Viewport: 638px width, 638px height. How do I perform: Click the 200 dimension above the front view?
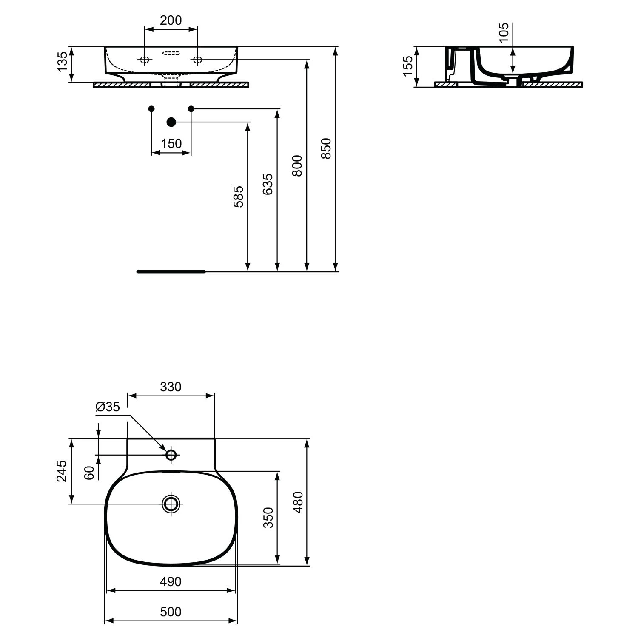click(x=171, y=20)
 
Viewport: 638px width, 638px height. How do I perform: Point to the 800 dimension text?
click(x=297, y=165)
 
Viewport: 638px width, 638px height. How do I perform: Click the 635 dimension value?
click(x=268, y=184)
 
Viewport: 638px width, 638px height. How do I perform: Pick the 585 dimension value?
click(x=239, y=197)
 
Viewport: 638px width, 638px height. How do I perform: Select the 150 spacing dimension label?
click(x=171, y=143)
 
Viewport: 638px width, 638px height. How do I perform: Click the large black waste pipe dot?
click(x=171, y=122)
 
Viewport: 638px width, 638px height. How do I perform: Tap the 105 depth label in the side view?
click(x=504, y=32)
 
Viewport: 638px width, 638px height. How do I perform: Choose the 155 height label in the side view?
click(x=407, y=66)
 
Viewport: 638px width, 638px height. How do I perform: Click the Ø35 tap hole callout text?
click(x=108, y=407)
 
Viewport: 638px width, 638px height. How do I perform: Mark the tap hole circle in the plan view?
click(x=171, y=455)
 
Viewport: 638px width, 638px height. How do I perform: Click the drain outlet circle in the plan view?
click(x=171, y=504)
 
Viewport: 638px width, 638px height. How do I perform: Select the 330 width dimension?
click(x=171, y=387)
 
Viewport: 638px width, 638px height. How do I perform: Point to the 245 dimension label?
click(x=62, y=470)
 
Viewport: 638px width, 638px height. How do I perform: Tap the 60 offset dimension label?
click(x=89, y=473)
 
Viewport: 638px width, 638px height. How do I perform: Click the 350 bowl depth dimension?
click(x=268, y=518)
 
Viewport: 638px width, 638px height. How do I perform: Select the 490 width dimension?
click(x=171, y=581)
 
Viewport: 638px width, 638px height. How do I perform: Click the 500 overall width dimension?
click(x=171, y=612)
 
